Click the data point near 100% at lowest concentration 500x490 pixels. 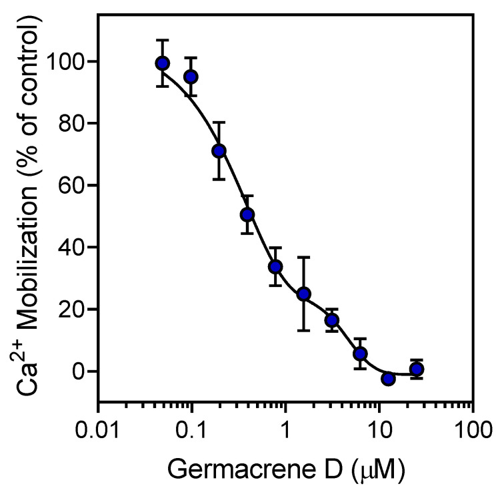click(162, 63)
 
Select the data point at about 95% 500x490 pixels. click(191, 77)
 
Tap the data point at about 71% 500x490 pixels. click(219, 150)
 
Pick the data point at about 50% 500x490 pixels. click(247, 214)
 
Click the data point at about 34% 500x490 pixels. click(275, 266)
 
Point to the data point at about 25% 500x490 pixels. click(304, 294)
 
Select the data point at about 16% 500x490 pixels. click(332, 320)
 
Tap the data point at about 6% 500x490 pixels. click(360, 353)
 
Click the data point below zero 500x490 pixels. click(388, 378)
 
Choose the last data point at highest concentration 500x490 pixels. click(417, 369)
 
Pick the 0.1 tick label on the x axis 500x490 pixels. click(192, 426)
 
